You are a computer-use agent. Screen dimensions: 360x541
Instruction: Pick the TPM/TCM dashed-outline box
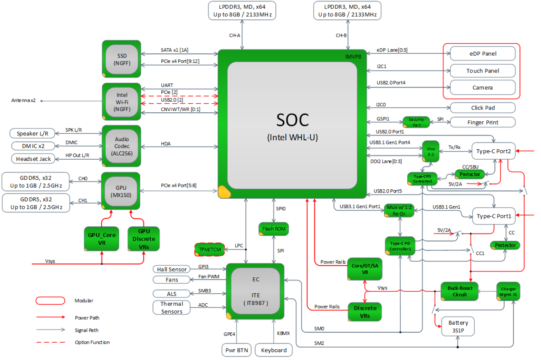click(x=210, y=250)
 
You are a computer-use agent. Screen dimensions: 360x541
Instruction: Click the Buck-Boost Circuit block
click(x=460, y=291)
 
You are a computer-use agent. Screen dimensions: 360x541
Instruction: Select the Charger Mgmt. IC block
click(x=508, y=291)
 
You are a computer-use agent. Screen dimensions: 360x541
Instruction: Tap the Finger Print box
click(x=483, y=122)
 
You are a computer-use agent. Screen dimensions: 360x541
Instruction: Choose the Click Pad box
click(x=483, y=108)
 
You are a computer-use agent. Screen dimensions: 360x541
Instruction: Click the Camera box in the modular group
click(x=483, y=87)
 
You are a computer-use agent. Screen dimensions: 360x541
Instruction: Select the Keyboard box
click(x=274, y=350)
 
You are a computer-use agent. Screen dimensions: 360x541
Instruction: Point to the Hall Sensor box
click(x=172, y=269)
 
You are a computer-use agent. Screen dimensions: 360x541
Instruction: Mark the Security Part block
click(x=416, y=122)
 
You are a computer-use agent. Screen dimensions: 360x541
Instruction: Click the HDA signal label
click(x=166, y=143)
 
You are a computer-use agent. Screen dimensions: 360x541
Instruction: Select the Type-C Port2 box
click(x=494, y=151)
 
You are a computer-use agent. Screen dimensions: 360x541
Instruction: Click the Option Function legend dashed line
click(x=51, y=342)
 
